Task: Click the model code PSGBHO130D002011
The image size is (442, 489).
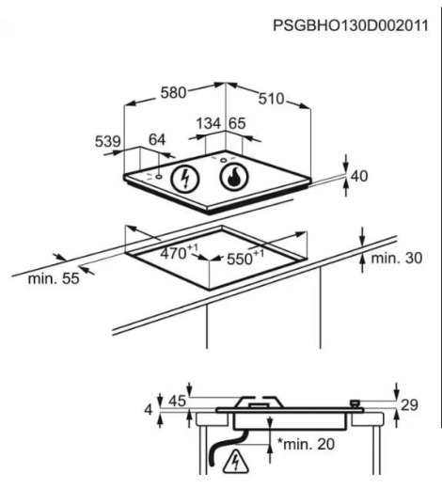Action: [x=351, y=25]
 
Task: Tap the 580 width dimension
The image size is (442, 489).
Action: [x=173, y=93]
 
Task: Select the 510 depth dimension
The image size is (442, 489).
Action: [x=271, y=99]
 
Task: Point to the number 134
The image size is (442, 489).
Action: [x=209, y=123]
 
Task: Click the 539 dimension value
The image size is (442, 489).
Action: [x=108, y=141]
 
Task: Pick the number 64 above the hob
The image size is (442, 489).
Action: [x=157, y=139]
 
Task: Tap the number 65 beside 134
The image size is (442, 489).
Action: [x=237, y=123]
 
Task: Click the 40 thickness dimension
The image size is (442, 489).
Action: [x=359, y=176]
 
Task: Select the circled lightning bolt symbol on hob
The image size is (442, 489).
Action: [x=185, y=179]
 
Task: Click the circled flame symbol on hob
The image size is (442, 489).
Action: [x=234, y=177]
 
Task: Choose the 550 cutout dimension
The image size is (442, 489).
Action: [x=245, y=258]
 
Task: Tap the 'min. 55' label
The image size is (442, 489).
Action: [x=54, y=278]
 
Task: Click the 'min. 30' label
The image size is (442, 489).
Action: [x=397, y=258]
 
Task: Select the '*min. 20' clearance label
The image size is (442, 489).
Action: [x=306, y=444]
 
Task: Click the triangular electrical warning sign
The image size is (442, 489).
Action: [x=236, y=462]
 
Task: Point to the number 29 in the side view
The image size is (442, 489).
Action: [x=410, y=405]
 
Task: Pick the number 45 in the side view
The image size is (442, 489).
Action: [x=178, y=401]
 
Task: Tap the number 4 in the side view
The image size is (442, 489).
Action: [x=149, y=410]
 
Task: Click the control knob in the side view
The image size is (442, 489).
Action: [x=355, y=403]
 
